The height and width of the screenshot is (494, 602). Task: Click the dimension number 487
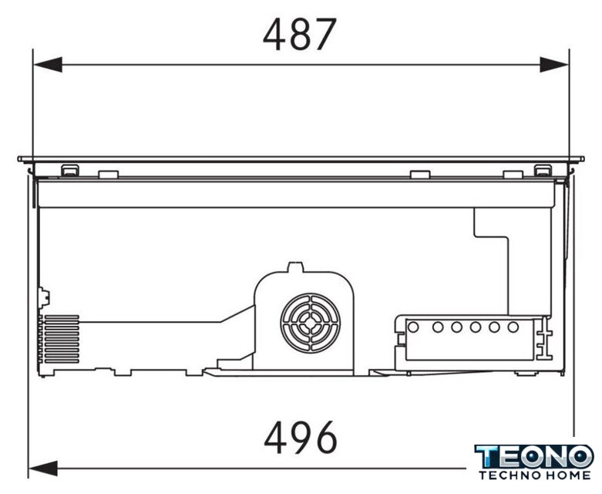300,35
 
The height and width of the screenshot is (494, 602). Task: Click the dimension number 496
301,438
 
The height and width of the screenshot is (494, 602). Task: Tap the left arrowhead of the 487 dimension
48,65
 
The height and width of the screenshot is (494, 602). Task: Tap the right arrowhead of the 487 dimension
554,65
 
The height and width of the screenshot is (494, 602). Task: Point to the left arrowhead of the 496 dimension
43,469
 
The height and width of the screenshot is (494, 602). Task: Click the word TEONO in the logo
534,457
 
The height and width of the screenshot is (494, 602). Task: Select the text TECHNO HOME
534,475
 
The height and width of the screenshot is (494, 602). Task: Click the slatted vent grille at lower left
61,339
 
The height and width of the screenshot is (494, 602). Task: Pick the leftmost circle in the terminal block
413,327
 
